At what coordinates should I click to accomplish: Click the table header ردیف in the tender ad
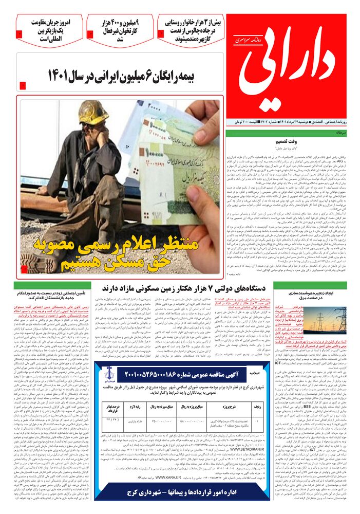[x=241, y=405]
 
